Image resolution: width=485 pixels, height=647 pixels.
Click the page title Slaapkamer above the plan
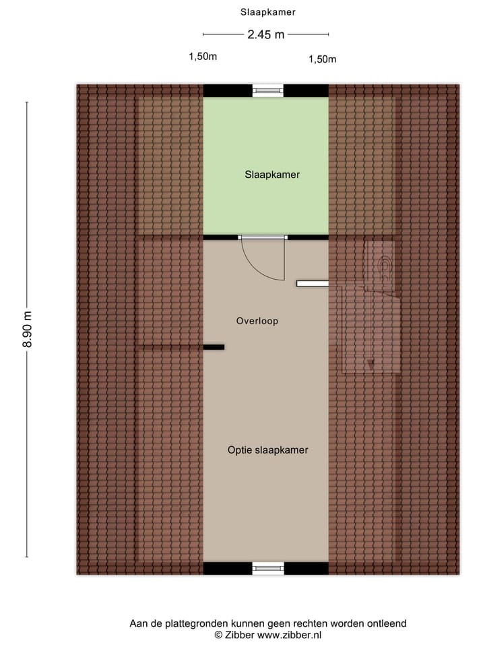pos(267,12)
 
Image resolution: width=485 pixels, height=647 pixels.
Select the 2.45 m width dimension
pos(265,35)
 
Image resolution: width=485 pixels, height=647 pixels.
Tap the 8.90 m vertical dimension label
pos(27,330)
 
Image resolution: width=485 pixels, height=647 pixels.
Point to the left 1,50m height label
pos(203,57)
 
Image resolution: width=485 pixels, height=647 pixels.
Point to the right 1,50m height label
pos(322,59)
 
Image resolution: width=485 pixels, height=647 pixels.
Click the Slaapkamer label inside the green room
pos(271,175)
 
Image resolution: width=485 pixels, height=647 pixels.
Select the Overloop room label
pos(257,321)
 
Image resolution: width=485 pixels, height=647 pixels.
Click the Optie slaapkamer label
pos(267,450)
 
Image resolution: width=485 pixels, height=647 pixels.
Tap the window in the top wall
pos(268,90)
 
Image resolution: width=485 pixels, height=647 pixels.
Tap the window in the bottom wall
pos(268,568)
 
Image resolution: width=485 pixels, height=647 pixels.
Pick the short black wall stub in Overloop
pos(214,347)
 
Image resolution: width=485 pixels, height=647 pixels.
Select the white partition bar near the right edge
pos(312,284)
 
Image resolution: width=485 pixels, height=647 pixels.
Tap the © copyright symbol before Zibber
pos(218,635)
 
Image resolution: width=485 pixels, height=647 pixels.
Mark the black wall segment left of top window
pos(228,90)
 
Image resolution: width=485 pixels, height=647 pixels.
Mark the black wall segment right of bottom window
pos(306,568)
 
